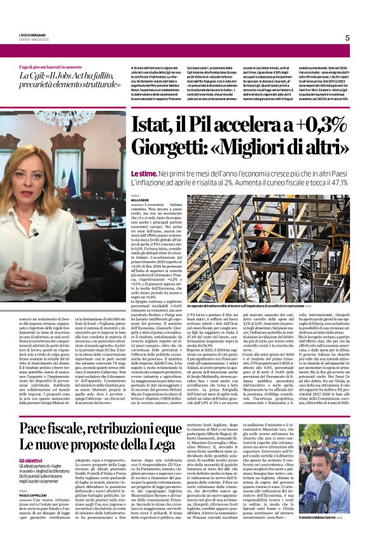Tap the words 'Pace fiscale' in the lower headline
[x=57, y=428]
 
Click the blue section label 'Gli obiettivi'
[x=31, y=460]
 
